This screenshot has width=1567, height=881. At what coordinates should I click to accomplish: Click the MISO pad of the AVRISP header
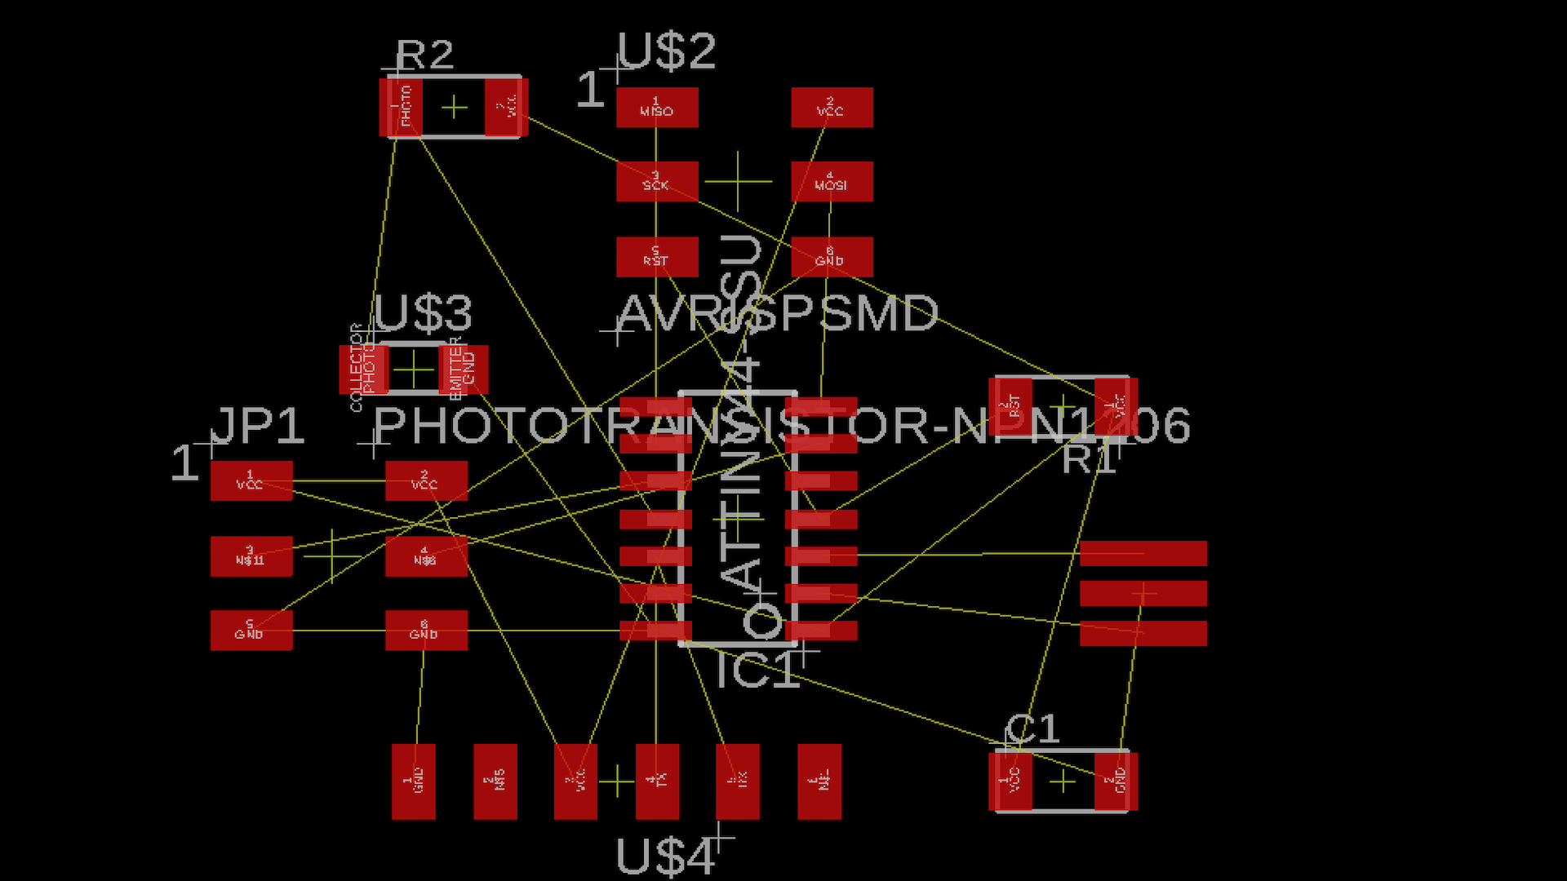657,108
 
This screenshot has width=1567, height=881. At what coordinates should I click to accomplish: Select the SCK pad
657,181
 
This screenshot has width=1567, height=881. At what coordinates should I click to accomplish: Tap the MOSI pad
832,181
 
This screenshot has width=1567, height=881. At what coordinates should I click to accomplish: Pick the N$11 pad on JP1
251,556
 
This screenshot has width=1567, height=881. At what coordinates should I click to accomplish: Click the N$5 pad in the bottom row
495,781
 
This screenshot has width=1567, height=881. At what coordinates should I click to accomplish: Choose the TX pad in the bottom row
657,781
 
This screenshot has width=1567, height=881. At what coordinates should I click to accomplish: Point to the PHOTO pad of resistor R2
401,107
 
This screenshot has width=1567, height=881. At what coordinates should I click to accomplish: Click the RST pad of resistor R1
1010,405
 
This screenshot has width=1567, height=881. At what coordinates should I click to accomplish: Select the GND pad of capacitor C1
1116,781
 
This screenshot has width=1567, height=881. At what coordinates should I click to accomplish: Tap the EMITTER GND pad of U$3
464,370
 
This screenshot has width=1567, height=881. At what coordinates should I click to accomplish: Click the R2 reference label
424,55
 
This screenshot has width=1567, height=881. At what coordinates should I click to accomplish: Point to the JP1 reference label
258,426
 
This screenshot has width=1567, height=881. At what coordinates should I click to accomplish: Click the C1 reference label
1032,729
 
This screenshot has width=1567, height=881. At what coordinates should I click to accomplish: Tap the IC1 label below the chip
757,672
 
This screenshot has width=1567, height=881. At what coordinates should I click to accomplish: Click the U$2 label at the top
666,51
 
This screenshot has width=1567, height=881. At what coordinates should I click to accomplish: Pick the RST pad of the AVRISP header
657,257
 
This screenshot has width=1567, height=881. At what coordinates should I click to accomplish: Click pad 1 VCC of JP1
251,480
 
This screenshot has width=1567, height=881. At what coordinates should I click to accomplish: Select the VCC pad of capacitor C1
1010,781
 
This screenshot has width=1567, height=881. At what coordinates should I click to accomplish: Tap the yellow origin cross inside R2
455,107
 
